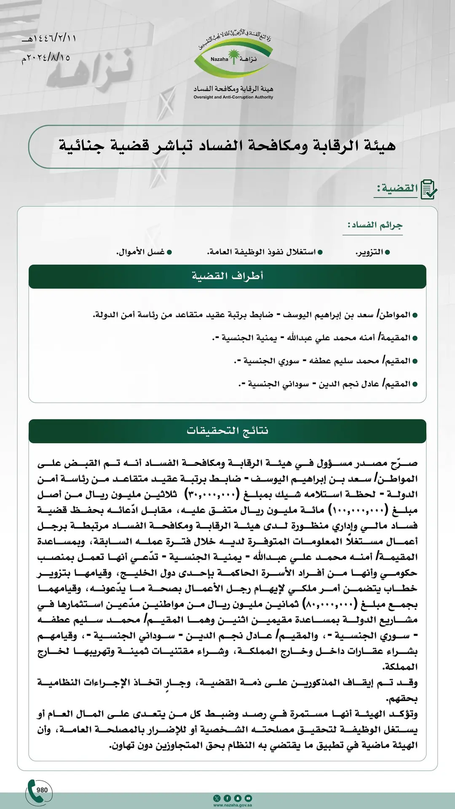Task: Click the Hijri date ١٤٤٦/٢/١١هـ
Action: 49,38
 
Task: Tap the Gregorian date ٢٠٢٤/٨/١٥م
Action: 46,57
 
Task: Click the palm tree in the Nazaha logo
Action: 233,56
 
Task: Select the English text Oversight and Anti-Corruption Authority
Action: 233,97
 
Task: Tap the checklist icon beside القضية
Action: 429,189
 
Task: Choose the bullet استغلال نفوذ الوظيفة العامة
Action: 262,252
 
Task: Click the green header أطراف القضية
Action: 227,276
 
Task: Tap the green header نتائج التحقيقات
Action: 227,431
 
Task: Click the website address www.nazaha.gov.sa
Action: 233,805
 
